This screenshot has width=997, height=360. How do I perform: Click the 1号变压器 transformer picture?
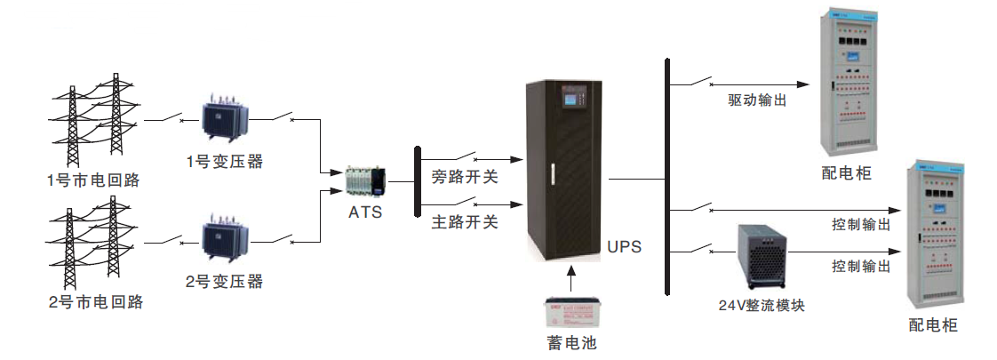224,118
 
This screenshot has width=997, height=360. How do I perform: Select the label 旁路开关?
464,177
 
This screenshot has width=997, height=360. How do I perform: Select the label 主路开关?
464,221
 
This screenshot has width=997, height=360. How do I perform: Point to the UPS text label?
624,246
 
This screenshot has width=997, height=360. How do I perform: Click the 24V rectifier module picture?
763,255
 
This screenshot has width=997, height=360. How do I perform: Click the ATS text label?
366,213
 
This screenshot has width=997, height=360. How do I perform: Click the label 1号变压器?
224,162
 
